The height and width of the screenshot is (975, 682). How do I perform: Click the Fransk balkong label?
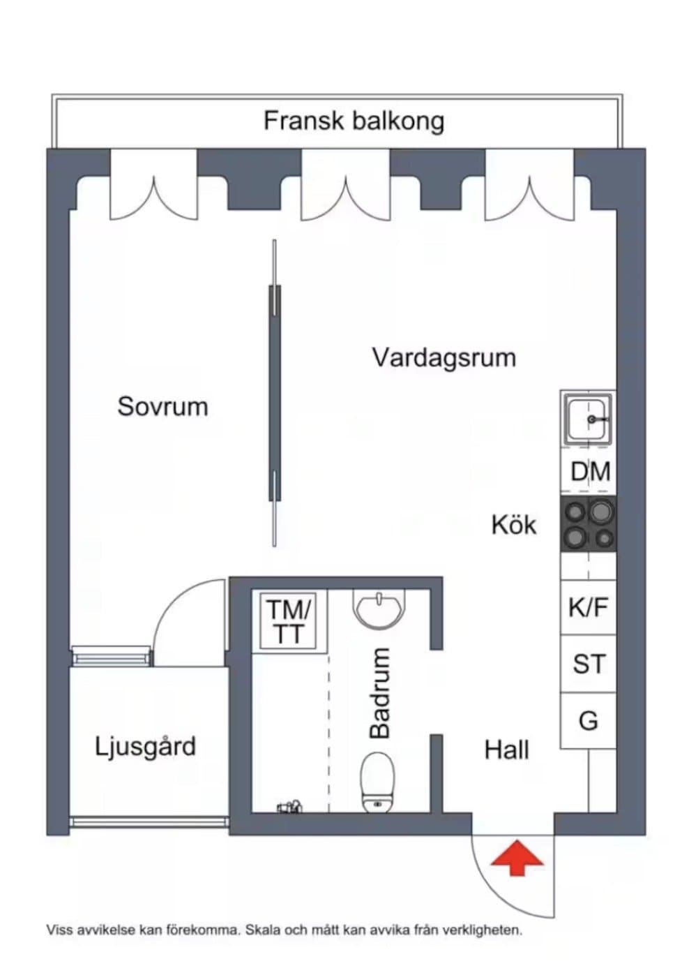pos(354,121)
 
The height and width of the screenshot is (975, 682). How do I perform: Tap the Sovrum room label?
pos(162,406)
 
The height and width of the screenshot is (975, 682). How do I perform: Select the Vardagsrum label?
pos(444,359)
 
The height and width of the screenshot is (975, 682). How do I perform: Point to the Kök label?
pos(514,525)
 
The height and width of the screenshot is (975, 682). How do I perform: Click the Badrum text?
pos(379,693)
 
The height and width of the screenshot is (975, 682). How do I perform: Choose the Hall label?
pos(507,750)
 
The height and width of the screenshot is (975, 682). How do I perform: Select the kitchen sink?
pos(588,419)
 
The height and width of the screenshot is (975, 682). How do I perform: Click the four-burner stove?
pos(588,524)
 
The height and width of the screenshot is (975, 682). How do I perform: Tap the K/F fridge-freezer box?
pos(588,606)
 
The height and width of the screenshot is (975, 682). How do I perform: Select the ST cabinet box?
pos(588,663)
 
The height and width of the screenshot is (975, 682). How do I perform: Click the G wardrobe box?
pos(588,721)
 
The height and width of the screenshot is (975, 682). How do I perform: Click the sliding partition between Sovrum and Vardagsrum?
pos(275,393)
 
